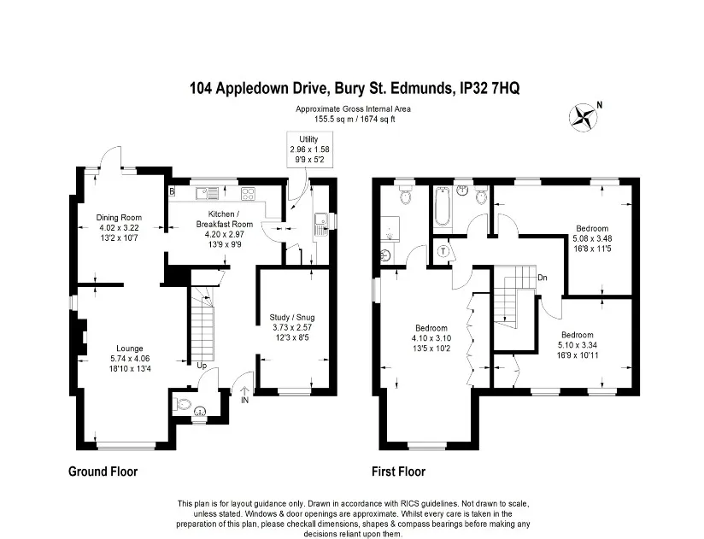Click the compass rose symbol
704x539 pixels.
(584, 118)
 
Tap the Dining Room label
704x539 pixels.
(119, 218)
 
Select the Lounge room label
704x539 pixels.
(130, 349)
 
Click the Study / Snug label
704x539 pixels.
(292, 317)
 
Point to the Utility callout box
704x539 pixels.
(310, 149)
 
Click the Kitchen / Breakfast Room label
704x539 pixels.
(225, 219)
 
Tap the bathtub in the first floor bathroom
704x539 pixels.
(442, 206)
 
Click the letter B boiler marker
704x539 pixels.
(172, 191)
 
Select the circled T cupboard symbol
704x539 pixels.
(443, 251)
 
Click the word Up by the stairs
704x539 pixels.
(202, 366)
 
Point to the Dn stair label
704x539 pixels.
(543, 278)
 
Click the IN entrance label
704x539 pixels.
(244, 400)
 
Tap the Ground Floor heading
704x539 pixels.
(103, 472)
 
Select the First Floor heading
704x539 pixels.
(398, 472)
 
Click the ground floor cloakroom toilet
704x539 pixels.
(181, 405)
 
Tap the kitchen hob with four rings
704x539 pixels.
(248, 193)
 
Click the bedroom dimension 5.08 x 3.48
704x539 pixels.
(592, 238)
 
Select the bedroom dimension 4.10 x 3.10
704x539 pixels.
(431, 338)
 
